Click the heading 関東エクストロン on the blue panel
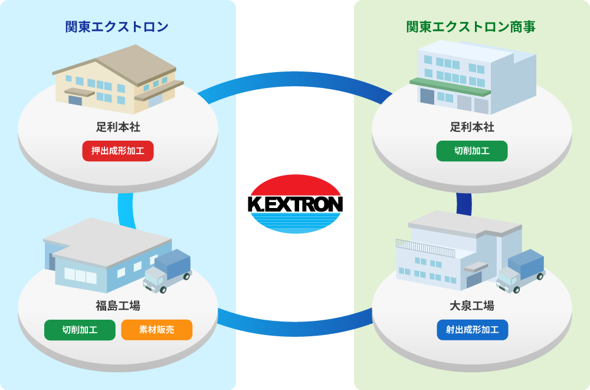(117, 27)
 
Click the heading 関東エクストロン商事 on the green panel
(471, 27)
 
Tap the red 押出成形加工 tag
(118, 151)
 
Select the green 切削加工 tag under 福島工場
(80, 330)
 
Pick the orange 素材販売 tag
(157, 330)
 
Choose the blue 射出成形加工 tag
(472, 330)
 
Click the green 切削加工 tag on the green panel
(472, 151)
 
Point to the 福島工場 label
(118, 305)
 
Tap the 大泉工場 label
(472, 305)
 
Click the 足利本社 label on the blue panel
(118, 127)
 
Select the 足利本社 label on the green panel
(472, 127)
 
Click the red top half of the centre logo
(296, 186)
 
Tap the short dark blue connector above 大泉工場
(464, 203)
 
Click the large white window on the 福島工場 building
(80, 275)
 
